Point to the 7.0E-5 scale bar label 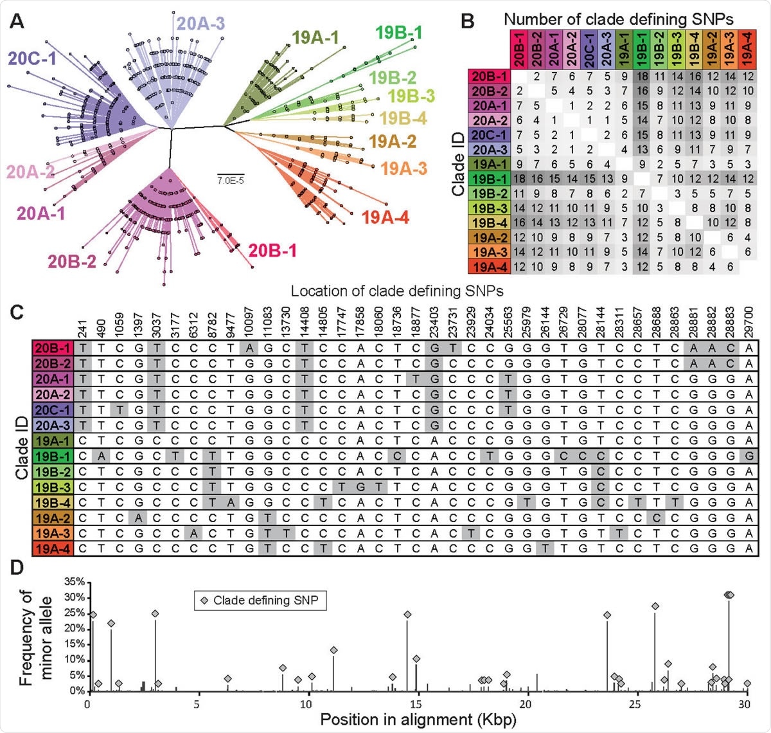coord(230,181)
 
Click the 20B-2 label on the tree coord(71,262)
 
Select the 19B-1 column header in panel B coord(642,49)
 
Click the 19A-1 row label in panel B coord(489,164)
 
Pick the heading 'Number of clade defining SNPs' coord(618,19)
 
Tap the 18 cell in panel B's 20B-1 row coord(642,77)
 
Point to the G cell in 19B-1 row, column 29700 coord(749,456)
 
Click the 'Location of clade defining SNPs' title coord(396,291)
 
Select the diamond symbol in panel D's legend coord(204,601)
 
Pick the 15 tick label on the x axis coord(418,704)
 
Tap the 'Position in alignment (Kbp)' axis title coord(418,719)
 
